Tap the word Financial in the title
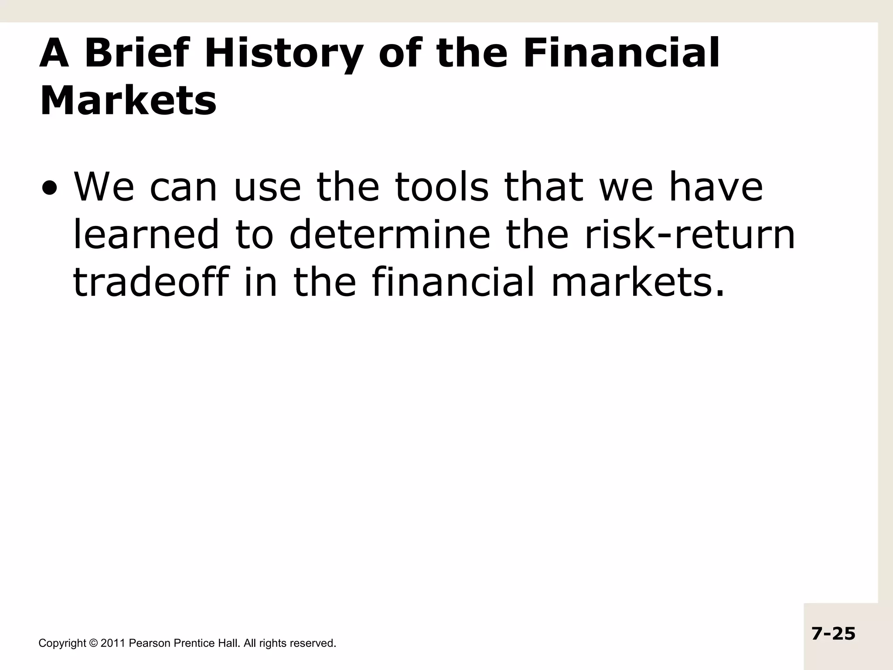tap(621, 53)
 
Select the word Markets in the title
tap(128, 101)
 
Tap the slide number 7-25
tap(833, 633)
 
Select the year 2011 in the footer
tap(113, 643)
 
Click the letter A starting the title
tap(55, 53)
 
